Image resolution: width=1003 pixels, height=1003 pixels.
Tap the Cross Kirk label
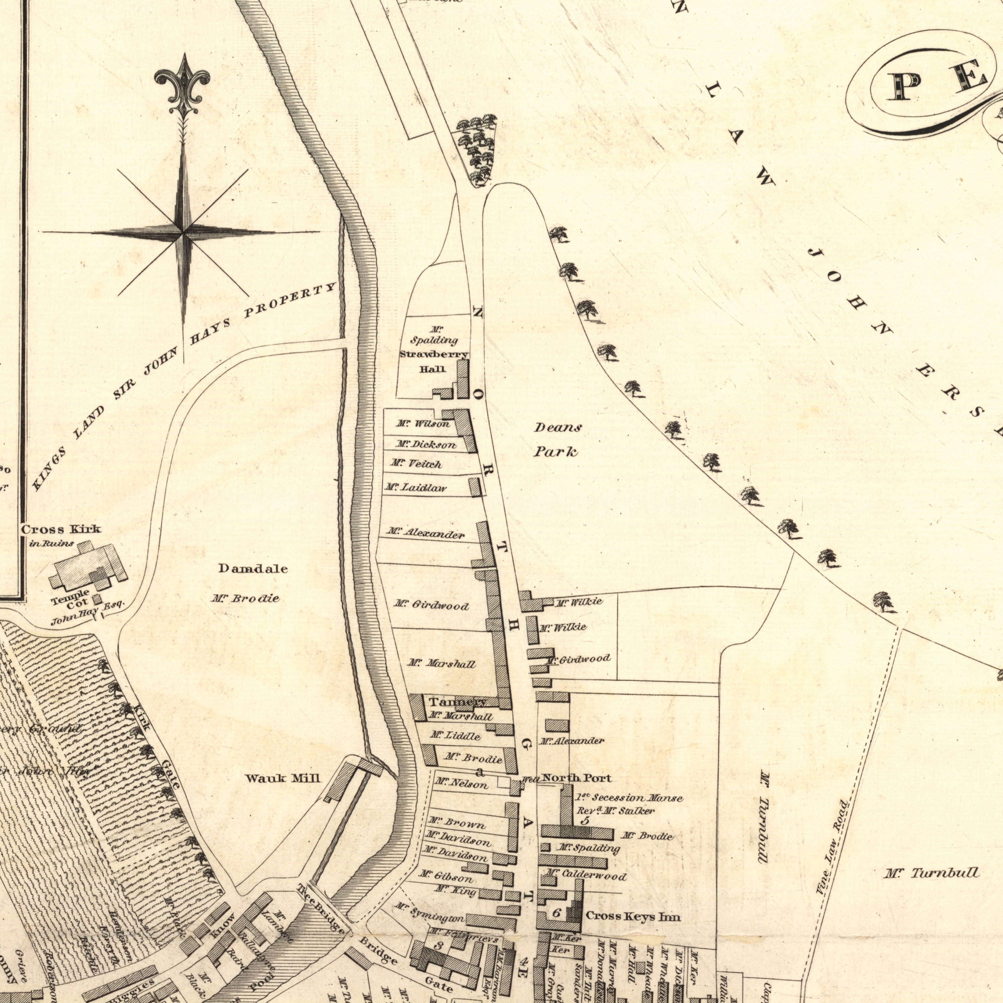tap(61, 530)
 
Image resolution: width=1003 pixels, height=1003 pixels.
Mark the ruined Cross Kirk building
tap(88, 567)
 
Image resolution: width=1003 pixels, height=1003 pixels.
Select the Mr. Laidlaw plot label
tap(415, 487)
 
